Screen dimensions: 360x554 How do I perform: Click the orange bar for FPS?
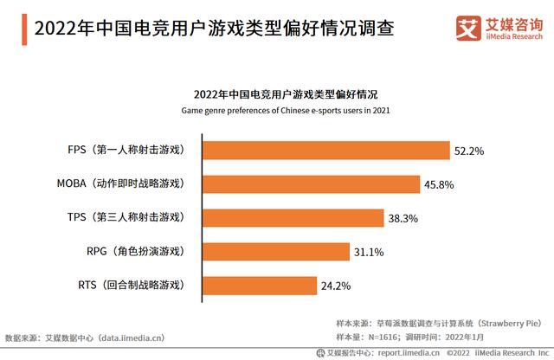click(325, 150)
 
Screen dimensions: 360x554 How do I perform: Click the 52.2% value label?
click(468, 151)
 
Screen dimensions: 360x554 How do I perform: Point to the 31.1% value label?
click(367, 252)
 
